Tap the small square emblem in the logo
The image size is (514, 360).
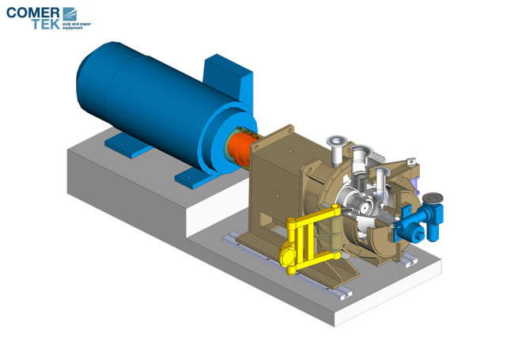click(x=70, y=13)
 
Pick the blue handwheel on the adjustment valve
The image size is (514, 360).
click(x=433, y=198)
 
